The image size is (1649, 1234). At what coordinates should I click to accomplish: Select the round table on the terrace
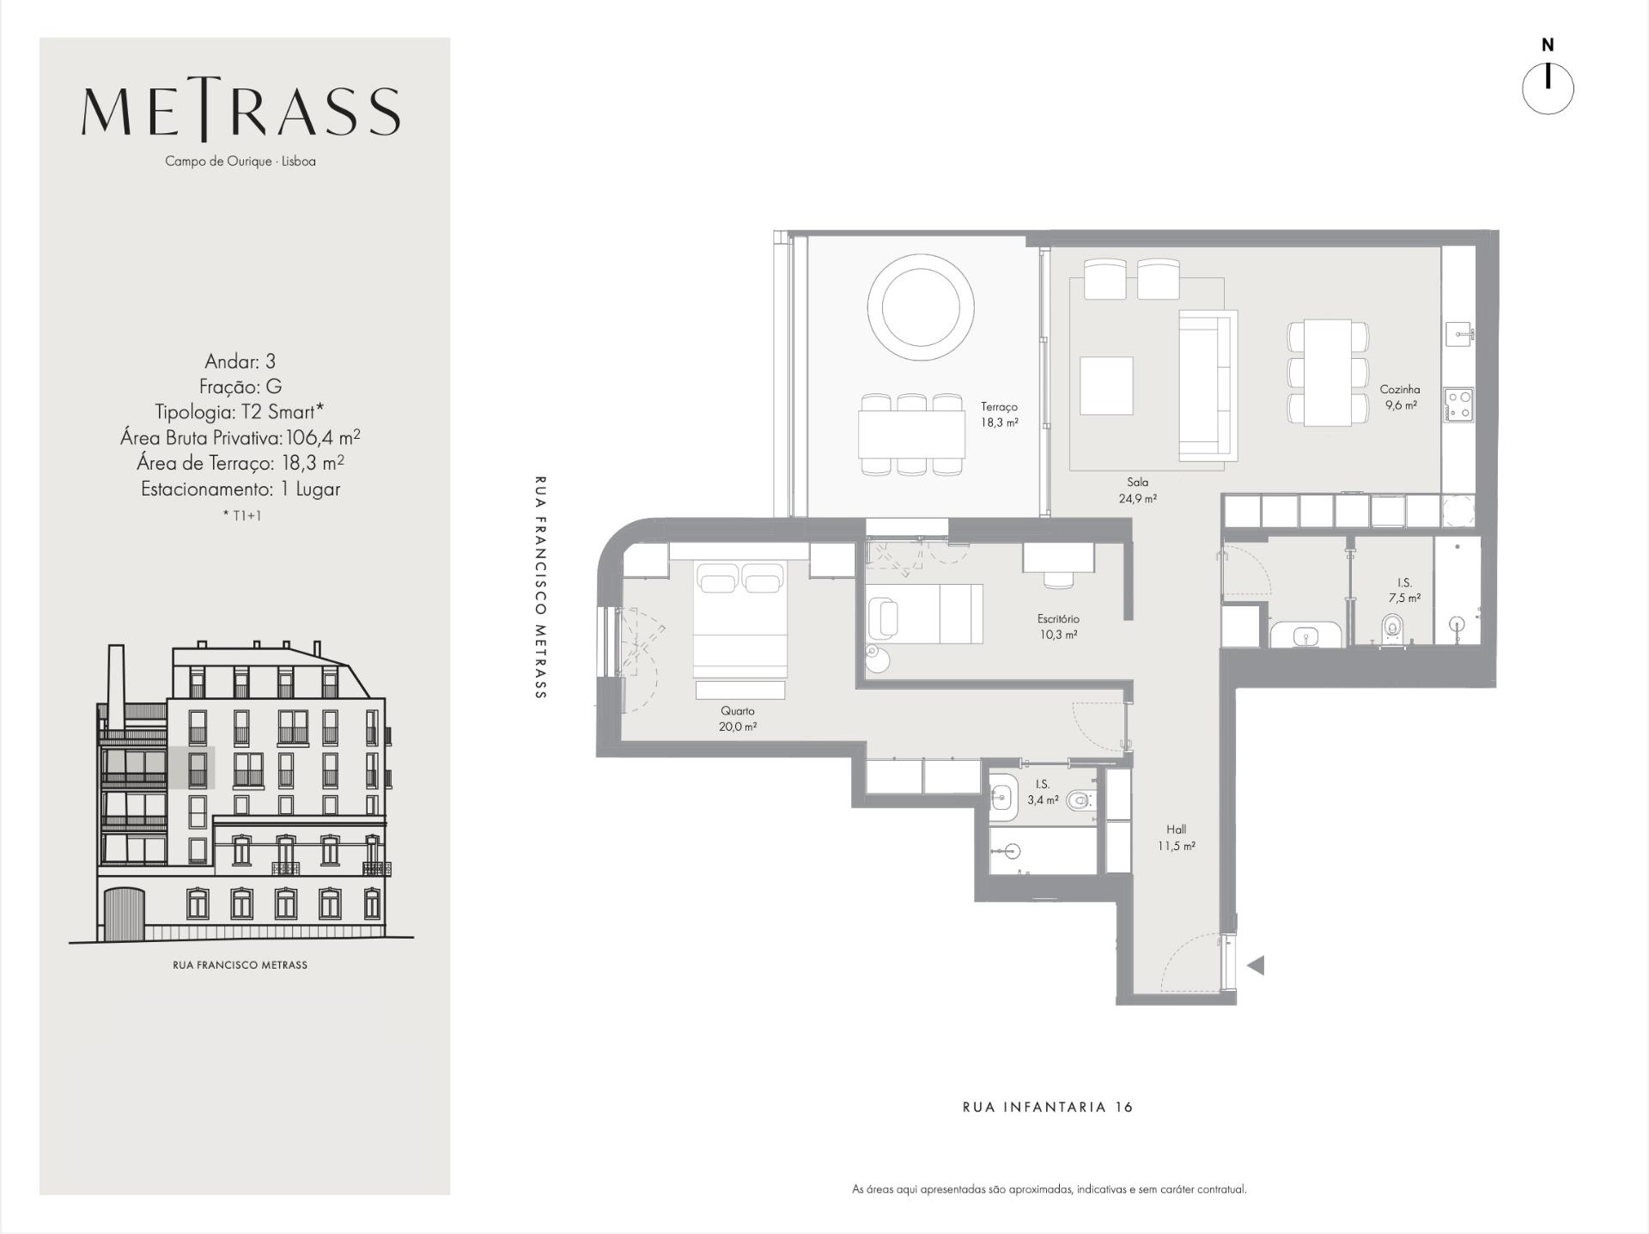click(x=921, y=307)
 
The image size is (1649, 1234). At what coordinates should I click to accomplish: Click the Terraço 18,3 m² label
click(x=1000, y=415)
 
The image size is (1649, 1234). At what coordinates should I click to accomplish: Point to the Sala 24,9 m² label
click(x=1138, y=490)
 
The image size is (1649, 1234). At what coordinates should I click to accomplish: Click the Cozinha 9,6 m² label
click(x=1400, y=397)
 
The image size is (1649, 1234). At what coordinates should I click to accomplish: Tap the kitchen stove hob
click(x=1458, y=405)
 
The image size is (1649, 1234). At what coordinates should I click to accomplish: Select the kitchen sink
click(x=1459, y=333)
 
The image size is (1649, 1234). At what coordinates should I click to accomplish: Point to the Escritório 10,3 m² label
click(x=1058, y=627)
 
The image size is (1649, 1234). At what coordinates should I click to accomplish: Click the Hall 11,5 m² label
click(x=1177, y=837)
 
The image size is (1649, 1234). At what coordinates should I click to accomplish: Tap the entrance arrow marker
click(x=1256, y=965)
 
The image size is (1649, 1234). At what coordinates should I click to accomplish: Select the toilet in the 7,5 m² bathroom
click(x=1393, y=628)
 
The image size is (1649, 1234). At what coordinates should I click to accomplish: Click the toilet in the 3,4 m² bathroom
click(x=1080, y=801)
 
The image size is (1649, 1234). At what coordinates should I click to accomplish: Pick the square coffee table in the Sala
click(x=1106, y=386)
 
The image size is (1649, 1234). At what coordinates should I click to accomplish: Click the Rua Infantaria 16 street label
click(x=1048, y=1107)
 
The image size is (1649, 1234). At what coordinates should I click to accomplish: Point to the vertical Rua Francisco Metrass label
click(x=540, y=587)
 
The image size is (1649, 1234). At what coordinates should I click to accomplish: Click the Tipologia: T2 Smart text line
click(x=240, y=411)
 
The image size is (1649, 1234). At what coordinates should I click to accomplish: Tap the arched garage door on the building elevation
click(x=124, y=915)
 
